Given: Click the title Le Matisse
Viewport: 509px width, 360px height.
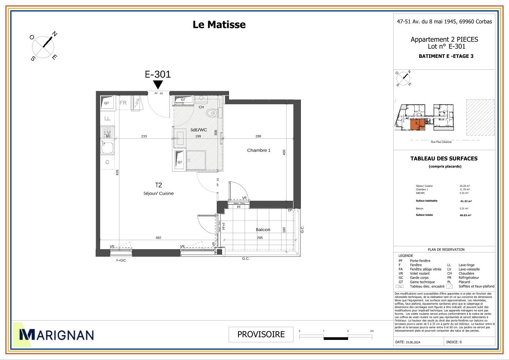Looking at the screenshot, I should [219, 25].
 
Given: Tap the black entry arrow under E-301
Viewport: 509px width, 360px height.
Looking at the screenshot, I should [158, 85].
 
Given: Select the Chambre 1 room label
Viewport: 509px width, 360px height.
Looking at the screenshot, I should [259, 150].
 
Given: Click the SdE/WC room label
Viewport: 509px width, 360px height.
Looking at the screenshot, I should [198, 130].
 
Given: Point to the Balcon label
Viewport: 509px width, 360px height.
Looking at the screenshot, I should [263, 229].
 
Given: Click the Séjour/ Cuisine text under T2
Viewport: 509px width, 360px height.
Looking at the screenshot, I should [159, 193].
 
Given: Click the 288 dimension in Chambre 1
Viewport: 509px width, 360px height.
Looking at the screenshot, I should [258, 136].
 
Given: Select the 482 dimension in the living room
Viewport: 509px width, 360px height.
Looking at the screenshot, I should [158, 238].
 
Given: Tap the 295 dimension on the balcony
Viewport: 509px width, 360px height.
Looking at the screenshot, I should [260, 238].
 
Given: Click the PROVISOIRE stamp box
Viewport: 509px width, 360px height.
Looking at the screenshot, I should [261, 334].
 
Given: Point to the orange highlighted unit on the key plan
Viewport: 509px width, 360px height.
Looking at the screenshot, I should [418, 124].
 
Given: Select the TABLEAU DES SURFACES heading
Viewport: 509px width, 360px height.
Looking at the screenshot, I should [444, 158].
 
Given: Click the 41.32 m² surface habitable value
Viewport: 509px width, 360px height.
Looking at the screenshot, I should [466, 201].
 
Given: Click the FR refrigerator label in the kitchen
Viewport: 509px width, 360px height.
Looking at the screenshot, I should [123, 103].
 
